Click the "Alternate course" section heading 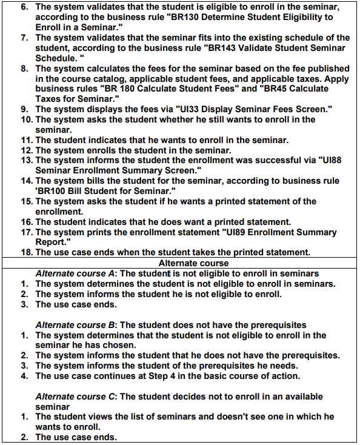point(193,263)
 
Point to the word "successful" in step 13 point(279,160)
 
